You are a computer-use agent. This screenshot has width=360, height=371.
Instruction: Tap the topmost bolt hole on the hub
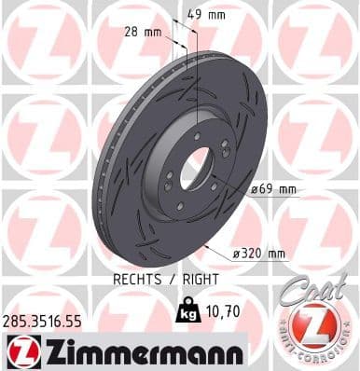[x=197, y=139]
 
